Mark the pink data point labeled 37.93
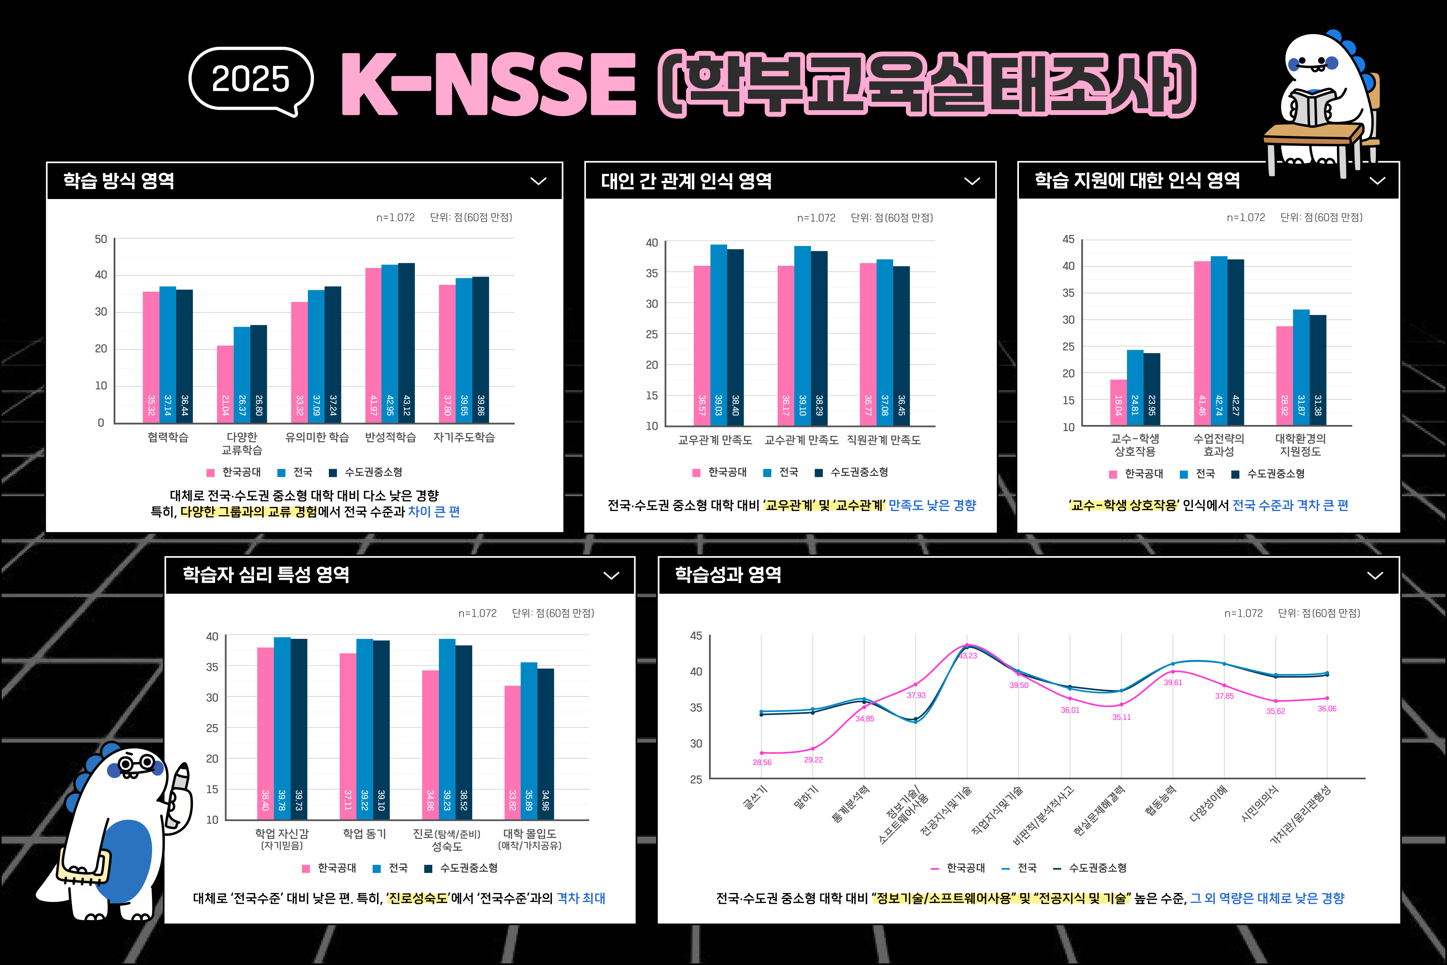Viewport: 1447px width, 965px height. pos(916,684)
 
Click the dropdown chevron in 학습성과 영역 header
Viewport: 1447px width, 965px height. pos(1375,575)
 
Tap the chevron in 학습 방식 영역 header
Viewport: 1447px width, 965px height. pos(538,181)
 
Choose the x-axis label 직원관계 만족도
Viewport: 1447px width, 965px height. pos(883,440)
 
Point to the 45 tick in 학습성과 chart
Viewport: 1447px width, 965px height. pos(696,636)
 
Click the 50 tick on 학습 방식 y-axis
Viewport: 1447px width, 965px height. pos(101,239)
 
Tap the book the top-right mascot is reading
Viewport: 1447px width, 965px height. pos(1310,108)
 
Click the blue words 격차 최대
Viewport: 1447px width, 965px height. pos(581,898)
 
